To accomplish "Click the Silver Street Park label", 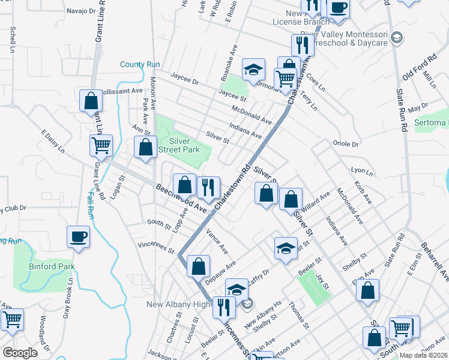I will pyautogui.click(x=184, y=146).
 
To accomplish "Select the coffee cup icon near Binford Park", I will pyautogui.click(x=78, y=236).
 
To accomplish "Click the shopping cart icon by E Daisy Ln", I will pyautogui.click(x=101, y=145).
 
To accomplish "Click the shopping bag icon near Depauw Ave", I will pyautogui.click(x=198, y=265).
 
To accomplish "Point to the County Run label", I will pyautogui.click(x=140, y=65).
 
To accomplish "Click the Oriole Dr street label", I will pyautogui.click(x=345, y=144).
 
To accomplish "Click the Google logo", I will pyautogui.click(x=20, y=353).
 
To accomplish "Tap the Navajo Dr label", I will pyautogui.click(x=82, y=11).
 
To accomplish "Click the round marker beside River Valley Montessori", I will pyautogui.click(x=396, y=38).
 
